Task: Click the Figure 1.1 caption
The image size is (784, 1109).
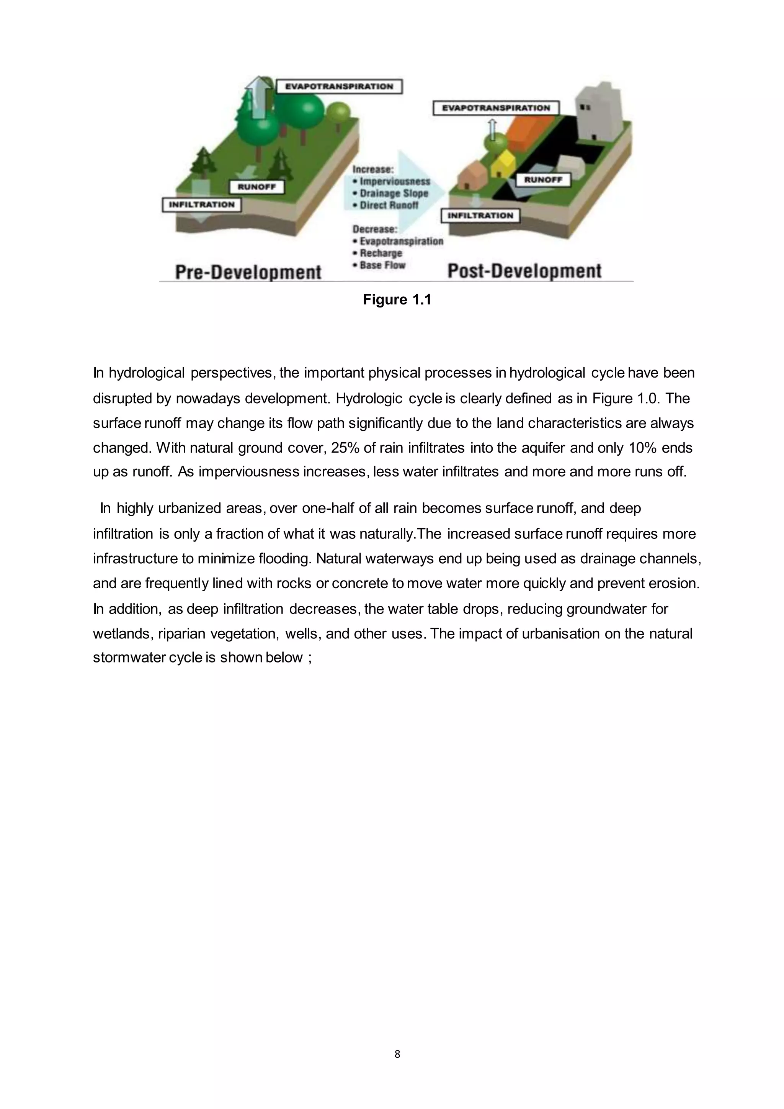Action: (x=397, y=300)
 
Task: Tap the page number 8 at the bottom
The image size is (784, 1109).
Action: (x=397, y=1054)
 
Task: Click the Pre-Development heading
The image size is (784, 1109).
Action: (x=248, y=272)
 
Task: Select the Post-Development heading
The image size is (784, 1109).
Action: (x=524, y=270)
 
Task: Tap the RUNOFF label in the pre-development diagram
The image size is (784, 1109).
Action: (x=256, y=187)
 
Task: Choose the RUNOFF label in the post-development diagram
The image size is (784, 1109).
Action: (x=543, y=180)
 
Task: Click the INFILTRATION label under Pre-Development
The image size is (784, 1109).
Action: (x=201, y=205)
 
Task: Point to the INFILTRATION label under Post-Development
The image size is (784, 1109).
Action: (x=480, y=216)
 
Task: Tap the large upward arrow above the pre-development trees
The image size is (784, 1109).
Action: (x=258, y=97)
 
